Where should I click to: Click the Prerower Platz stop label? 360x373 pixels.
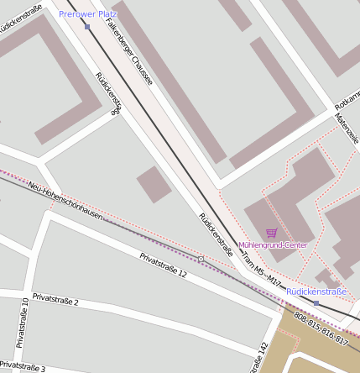click(87, 14)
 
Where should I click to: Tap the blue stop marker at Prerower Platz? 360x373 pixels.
click(87, 27)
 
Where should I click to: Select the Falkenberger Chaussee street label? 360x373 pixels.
click(130, 52)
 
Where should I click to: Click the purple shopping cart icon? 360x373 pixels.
click(271, 233)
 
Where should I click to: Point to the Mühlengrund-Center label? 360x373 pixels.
click(273, 245)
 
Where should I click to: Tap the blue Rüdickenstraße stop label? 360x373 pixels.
click(316, 292)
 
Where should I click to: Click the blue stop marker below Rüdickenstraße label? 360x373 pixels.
click(316, 302)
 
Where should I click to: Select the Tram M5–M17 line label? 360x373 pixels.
click(260, 270)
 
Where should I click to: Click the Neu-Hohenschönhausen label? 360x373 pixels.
click(65, 201)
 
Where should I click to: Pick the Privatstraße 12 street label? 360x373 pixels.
click(163, 265)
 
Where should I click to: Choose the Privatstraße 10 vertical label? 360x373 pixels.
click(23, 322)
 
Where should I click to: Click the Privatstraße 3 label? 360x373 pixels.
click(23, 367)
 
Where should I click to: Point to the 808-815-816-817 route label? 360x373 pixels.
click(321, 328)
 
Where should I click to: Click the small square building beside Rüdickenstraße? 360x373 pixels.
click(154, 184)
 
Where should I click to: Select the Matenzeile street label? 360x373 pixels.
click(346, 129)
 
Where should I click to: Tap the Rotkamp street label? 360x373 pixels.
click(347, 98)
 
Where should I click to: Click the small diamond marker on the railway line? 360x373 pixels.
click(201, 258)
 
